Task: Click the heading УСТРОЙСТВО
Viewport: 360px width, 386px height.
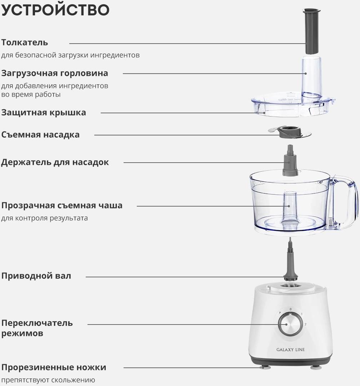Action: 55,10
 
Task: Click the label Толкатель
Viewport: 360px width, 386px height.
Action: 25,43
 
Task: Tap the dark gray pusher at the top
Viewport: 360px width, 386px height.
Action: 312,31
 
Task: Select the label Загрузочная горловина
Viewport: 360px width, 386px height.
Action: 55,73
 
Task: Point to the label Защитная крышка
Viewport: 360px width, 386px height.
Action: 44,113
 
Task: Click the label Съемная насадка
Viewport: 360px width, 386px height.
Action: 40,135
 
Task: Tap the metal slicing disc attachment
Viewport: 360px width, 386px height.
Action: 290,133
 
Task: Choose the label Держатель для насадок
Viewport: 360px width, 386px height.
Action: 55,162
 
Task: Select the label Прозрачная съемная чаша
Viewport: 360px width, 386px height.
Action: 62,205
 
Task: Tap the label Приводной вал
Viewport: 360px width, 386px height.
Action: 36,276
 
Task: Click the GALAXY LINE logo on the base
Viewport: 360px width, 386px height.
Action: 290,350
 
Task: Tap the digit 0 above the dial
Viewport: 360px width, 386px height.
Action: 291,309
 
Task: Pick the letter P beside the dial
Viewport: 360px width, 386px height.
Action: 280,313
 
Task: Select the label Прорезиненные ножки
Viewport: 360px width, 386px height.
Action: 54,367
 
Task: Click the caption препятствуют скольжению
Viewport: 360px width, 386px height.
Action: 48,380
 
